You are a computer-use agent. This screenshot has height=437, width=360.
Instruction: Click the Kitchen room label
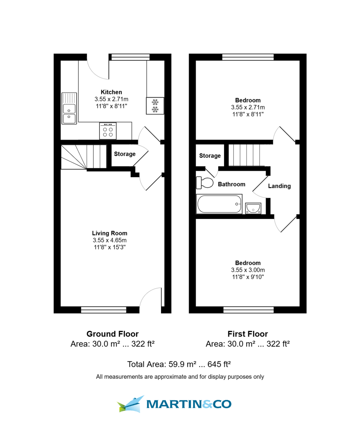tap(111, 92)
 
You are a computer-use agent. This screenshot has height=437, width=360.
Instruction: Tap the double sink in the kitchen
tap(69, 109)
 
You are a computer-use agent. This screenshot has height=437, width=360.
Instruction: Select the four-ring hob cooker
tap(108, 131)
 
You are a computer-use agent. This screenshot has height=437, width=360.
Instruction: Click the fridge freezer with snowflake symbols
tap(155, 106)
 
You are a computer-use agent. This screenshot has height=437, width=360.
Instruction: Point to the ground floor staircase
tap(83, 157)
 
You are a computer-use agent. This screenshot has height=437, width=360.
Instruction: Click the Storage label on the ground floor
tap(125, 154)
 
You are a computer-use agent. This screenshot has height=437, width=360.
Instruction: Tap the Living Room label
tap(110, 233)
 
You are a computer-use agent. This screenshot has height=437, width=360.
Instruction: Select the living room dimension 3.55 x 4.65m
tap(110, 240)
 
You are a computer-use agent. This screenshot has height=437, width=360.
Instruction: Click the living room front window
tap(103, 310)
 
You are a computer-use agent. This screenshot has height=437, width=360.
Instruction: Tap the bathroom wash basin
tap(253, 208)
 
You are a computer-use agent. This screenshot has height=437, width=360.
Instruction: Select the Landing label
tap(279, 186)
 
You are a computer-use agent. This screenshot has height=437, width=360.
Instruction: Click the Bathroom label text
tap(231, 184)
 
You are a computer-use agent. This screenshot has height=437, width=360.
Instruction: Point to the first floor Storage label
tap(210, 156)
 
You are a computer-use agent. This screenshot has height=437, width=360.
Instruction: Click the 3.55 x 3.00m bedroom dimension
tap(248, 270)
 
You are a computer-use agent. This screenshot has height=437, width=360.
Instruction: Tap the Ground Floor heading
tap(112, 334)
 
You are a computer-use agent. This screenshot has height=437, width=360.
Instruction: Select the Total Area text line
tap(180, 364)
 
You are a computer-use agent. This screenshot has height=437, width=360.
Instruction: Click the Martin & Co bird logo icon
tap(131, 404)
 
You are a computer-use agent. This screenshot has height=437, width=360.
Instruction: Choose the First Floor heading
tap(248, 334)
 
